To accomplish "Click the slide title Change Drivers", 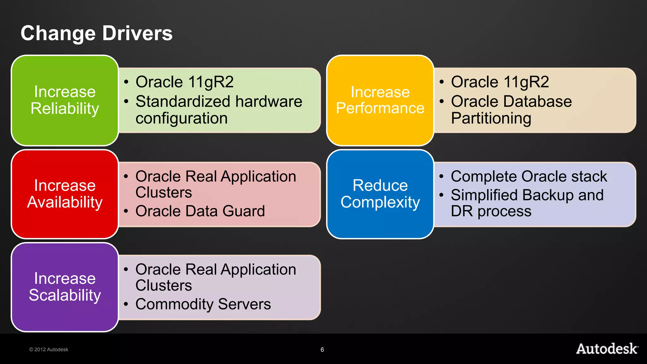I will tap(96, 33).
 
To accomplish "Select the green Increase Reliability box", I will tap(65, 100).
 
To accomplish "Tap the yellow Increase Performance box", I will tap(380, 100).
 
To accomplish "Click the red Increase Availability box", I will tap(65, 194).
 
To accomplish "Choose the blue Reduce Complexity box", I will tap(380, 194).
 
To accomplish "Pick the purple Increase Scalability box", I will tap(65, 287).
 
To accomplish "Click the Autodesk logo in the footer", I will tap(607, 349).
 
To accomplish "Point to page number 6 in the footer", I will tap(322, 349).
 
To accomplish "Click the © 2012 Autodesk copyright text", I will tap(49, 349).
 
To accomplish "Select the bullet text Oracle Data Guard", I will tap(200, 211).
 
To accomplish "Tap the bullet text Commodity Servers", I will tap(203, 304).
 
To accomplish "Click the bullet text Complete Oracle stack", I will tap(529, 176).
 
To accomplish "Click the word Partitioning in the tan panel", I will tap(491, 118).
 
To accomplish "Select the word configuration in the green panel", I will tap(181, 118).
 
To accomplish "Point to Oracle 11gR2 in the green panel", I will tap(184, 82).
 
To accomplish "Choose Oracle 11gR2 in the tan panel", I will tap(500, 82).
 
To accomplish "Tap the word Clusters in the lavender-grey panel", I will tap(164, 286).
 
